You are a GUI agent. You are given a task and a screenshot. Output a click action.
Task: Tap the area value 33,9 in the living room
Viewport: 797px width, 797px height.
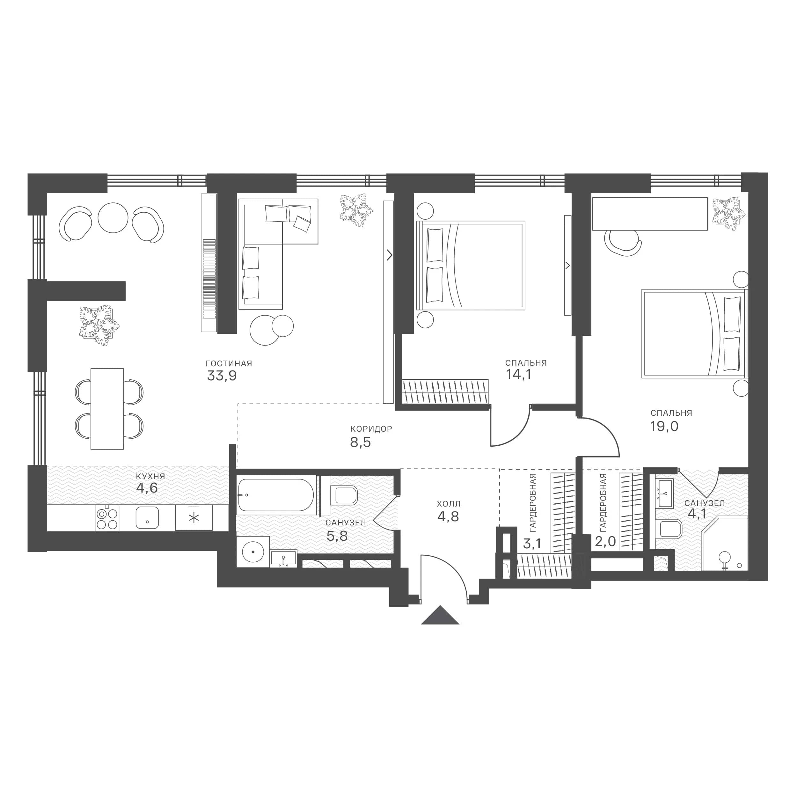(x=222, y=376)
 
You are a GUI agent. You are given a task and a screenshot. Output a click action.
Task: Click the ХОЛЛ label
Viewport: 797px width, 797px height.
(x=449, y=504)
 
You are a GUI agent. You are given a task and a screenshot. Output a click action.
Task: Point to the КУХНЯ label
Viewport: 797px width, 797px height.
(x=150, y=477)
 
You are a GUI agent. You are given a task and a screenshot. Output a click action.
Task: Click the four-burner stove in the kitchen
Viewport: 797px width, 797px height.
(x=107, y=518)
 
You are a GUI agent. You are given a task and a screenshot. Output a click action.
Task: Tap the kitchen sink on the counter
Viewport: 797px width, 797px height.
(x=147, y=518)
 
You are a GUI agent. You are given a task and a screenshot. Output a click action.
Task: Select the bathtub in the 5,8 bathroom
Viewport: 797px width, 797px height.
(x=276, y=495)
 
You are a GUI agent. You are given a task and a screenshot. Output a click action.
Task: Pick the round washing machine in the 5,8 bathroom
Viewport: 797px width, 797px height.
(x=253, y=552)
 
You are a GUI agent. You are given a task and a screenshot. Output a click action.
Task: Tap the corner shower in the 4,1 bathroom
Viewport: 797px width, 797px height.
(x=725, y=543)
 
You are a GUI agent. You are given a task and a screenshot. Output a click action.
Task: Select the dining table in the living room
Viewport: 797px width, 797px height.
(x=107, y=409)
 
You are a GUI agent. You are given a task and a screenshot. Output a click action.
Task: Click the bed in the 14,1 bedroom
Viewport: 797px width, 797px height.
(x=471, y=266)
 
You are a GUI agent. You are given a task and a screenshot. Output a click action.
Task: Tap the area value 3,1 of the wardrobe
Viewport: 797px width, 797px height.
(x=532, y=544)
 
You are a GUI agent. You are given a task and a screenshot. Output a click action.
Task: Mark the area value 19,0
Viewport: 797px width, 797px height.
(x=664, y=426)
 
